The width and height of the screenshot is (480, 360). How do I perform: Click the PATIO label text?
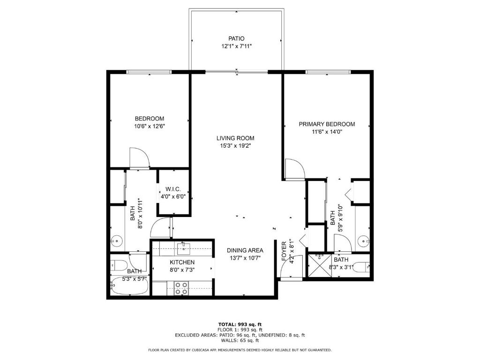(236, 38)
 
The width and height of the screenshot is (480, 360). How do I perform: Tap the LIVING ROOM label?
(235, 138)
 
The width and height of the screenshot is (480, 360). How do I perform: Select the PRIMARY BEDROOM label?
(327, 124)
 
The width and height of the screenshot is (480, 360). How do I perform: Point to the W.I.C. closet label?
(173, 189)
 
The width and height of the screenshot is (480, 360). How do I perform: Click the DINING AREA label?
(245, 250)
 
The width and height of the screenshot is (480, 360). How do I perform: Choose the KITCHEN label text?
(182, 262)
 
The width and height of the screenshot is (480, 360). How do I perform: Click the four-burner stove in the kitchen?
(181, 288)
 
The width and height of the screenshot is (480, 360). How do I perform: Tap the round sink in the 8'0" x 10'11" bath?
(117, 242)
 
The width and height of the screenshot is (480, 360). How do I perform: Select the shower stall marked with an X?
(320, 266)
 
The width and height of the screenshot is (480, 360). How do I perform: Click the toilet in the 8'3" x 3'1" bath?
(360, 268)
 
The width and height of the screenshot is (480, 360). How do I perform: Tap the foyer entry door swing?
(286, 270)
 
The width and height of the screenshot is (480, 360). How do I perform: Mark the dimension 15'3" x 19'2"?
(235, 146)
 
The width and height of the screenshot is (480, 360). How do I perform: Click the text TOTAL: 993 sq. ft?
(240, 324)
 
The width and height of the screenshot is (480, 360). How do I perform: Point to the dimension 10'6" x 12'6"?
(150, 126)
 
